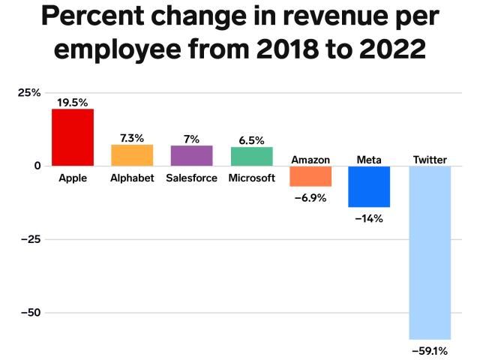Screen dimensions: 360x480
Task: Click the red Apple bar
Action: pyautogui.click(x=72, y=137)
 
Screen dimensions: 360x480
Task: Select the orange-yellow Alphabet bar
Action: pyautogui.click(x=132, y=155)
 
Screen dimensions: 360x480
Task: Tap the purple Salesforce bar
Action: pyautogui.click(x=191, y=155)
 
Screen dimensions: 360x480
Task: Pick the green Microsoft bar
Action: pyautogui.click(x=251, y=156)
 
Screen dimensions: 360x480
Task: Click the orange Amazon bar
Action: pyautogui.click(x=310, y=175)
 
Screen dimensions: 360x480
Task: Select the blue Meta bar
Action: pyautogui.click(x=369, y=186)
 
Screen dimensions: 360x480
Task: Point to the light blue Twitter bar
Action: pyautogui.click(x=430, y=252)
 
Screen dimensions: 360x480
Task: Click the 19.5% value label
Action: pyautogui.click(x=72, y=102)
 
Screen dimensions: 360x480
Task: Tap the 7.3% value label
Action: pyautogui.click(x=132, y=138)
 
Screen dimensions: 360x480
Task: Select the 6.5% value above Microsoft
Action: pyautogui.click(x=251, y=140)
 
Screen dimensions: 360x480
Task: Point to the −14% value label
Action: pyautogui.click(x=369, y=218)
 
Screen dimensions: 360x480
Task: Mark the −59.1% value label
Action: pyautogui.click(x=430, y=349)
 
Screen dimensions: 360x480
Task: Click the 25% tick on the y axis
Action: pyautogui.click(x=29, y=93)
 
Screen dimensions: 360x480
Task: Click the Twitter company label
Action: pyautogui.click(x=430, y=160)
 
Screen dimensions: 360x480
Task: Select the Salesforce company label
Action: pyautogui.click(x=191, y=178)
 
